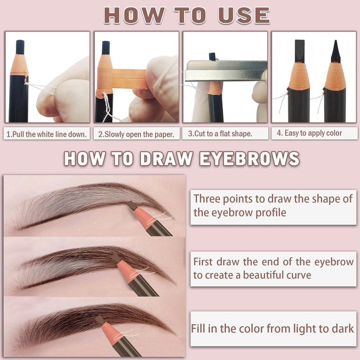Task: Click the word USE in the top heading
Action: (x=243, y=15)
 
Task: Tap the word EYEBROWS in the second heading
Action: (x=249, y=159)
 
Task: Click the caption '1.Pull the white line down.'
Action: (x=47, y=134)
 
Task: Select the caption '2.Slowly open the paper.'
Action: (x=136, y=134)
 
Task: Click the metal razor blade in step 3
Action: (x=226, y=71)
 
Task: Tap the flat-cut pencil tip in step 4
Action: (x=300, y=50)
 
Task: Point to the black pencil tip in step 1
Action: (x=20, y=47)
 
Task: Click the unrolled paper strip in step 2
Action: (x=129, y=79)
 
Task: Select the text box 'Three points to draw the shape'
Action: (x=273, y=207)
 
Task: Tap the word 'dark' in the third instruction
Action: (x=344, y=328)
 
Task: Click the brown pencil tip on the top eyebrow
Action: (x=132, y=205)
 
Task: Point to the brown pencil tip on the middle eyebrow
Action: (x=116, y=258)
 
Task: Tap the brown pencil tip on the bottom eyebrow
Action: (x=100, y=319)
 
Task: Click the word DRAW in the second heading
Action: (x=166, y=159)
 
